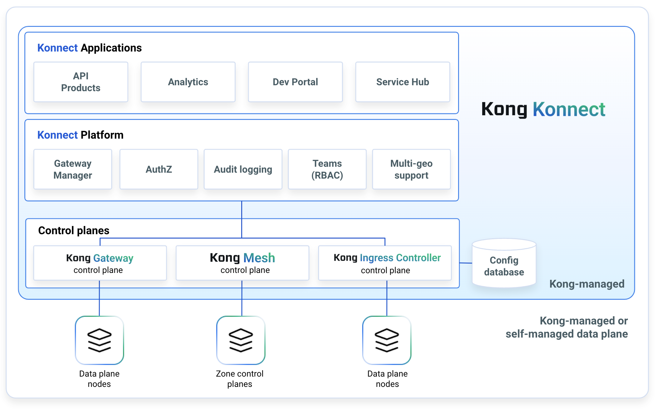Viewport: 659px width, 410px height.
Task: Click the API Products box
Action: point(81,82)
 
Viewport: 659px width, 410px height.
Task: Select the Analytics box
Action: point(188,82)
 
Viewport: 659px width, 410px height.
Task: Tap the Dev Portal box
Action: point(295,82)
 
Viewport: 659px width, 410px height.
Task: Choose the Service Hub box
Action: point(402,82)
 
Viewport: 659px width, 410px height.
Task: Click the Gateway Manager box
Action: point(73,169)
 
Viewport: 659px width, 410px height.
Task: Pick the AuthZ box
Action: point(159,169)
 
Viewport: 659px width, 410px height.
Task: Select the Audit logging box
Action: point(243,169)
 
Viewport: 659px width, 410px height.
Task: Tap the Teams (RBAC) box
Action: point(327,169)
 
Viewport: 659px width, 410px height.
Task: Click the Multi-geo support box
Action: point(411,169)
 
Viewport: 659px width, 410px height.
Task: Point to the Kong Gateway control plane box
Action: point(100,263)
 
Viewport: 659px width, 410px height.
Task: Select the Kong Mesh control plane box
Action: point(242,263)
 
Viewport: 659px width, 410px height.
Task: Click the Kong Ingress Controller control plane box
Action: point(385,263)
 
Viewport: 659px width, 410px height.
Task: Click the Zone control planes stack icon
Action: point(241,340)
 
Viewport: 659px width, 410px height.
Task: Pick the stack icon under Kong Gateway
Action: point(99,340)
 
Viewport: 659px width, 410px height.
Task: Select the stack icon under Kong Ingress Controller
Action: point(387,340)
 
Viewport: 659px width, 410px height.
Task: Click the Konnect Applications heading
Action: point(89,48)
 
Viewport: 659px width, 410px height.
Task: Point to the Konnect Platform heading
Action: point(80,135)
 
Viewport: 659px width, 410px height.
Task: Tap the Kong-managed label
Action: point(587,284)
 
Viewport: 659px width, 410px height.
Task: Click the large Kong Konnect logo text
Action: point(543,109)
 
